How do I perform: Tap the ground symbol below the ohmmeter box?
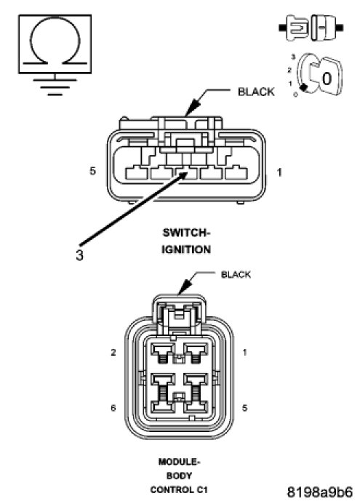click(55, 86)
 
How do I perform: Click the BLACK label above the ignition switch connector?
click(256, 92)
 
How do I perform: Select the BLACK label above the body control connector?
click(236, 274)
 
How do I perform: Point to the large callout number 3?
click(79, 255)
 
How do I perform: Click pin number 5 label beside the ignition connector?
click(92, 171)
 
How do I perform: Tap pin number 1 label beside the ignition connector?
click(279, 172)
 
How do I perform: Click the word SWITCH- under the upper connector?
click(186, 233)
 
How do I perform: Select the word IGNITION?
click(186, 249)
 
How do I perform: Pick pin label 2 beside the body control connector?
click(113, 353)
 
